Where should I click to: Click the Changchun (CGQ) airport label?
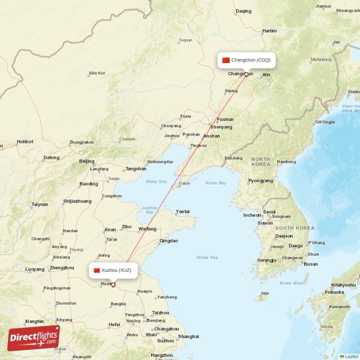pyautogui.click(x=251, y=60)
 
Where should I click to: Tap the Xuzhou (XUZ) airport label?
pyautogui.click(x=116, y=270)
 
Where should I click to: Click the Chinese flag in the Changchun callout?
pyautogui.click(x=226, y=60)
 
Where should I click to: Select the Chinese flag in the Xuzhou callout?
pyautogui.click(x=96, y=270)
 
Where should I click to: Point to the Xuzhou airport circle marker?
pyautogui.click(x=113, y=284)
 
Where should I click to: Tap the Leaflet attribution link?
pyautogui.click(x=351, y=356)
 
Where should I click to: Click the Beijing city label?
pyautogui.click(x=87, y=161)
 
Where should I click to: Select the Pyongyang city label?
pyautogui.click(x=261, y=181)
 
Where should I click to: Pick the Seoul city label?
pyautogui.click(x=269, y=212)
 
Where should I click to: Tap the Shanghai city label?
pyautogui.click(x=189, y=336)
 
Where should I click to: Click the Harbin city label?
pyautogui.click(x=270, y=31)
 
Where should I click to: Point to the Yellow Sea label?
pyautogui.click(x=207, y=257)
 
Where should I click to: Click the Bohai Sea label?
pyautogui.click(x=156, y=182)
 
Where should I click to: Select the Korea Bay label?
pyautogui.click(x=216, y=183)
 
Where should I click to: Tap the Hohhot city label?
pyautogui.click(x=25, y=142)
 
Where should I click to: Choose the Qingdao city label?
pyautogui.click(x=169, y=241)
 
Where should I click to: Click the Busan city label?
pyautogui.click(x=310, y=264)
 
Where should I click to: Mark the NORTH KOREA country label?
pyautogui.click(x=261, y=162)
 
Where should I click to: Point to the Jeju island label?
pyautogui.click(x=265, y=293)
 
